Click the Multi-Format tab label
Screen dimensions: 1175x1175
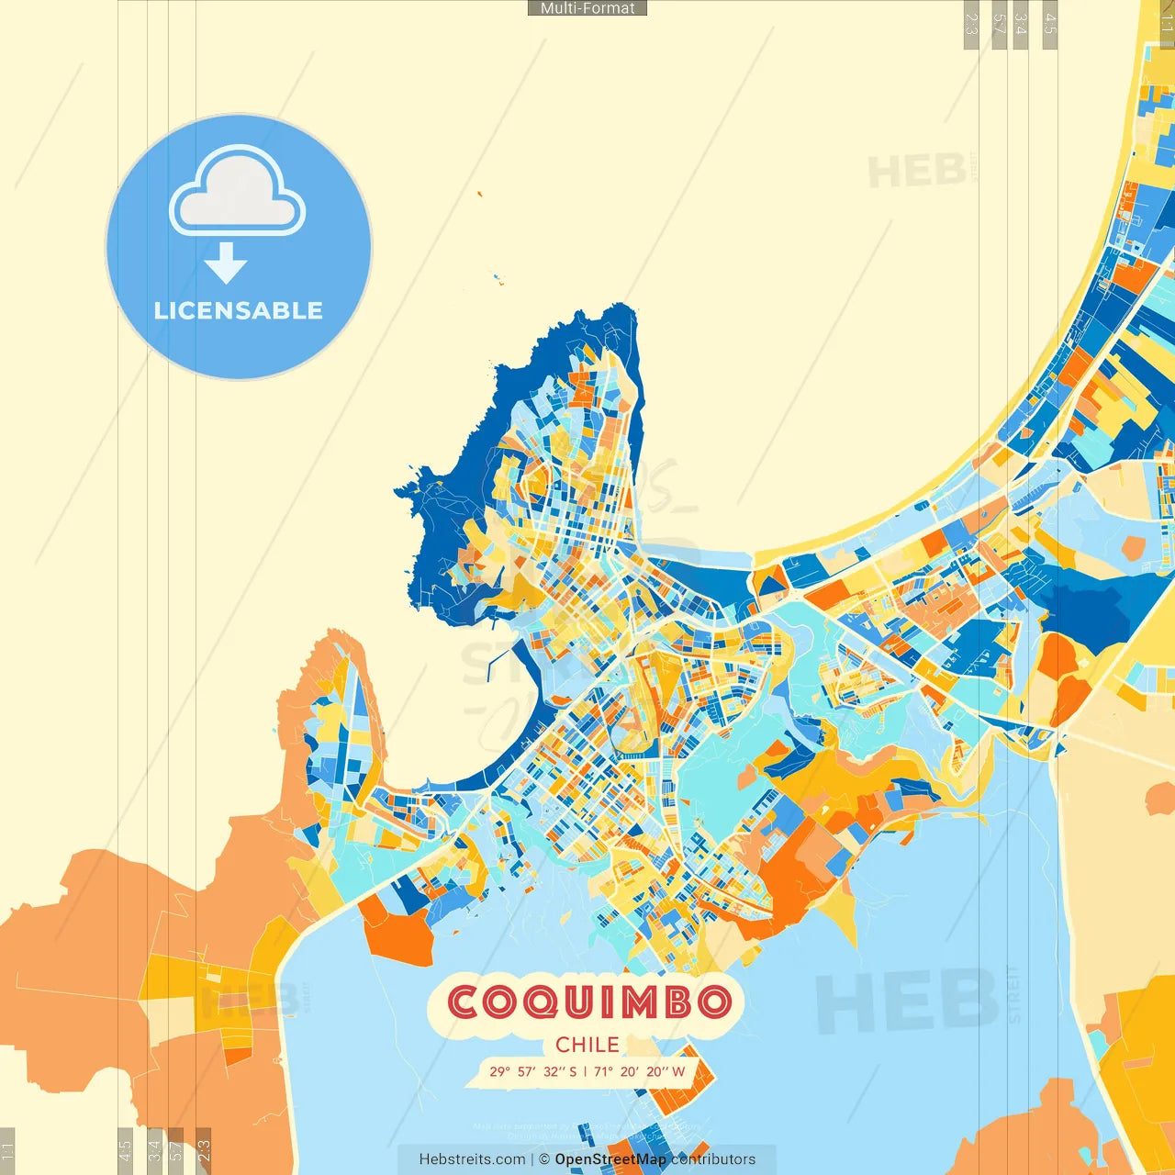[587, 8]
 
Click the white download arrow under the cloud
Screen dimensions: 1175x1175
[226, 263]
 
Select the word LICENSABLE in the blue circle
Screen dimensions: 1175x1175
[239, 310]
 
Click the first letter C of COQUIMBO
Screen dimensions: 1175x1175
[464, 1002]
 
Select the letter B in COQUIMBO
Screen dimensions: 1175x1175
[678, 1002]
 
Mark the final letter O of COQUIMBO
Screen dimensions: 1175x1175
[714, 1002]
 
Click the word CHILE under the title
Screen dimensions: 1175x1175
[587, 1045]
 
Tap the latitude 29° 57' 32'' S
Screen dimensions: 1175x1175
[532, 1071]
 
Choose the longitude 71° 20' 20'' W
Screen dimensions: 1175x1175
[639, 1071]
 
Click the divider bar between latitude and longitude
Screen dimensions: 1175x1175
[586, 1071]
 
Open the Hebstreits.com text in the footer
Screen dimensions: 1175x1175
[472, 1159]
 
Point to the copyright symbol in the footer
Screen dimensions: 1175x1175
[544, 1159]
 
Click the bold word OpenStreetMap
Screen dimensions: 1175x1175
[610, 1159]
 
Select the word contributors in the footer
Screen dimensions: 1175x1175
[713, 1159]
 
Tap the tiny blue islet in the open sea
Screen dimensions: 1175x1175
[497, 277]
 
